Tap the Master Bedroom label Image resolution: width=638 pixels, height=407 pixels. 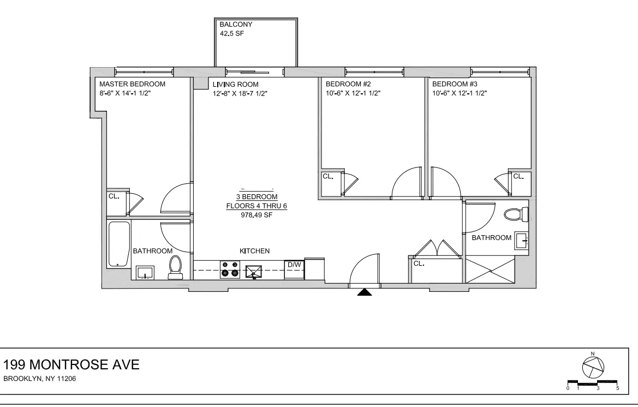tap(132, 84)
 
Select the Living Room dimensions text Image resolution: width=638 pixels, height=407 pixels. tap(240, 93)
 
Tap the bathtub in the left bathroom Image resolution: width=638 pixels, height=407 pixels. tap(119, 244)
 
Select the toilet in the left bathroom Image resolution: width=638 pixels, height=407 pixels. tap(175, 267)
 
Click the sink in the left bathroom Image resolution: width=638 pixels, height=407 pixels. tap(145, 272)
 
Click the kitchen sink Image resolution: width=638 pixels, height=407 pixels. tap(254, 270)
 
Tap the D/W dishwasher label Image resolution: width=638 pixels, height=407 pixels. tap(294, 265)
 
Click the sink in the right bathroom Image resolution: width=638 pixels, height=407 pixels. tap(522, 239)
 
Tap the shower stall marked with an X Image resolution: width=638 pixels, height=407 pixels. tap(490, 271)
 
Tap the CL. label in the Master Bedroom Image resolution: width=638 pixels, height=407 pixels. tap(114, 195)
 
